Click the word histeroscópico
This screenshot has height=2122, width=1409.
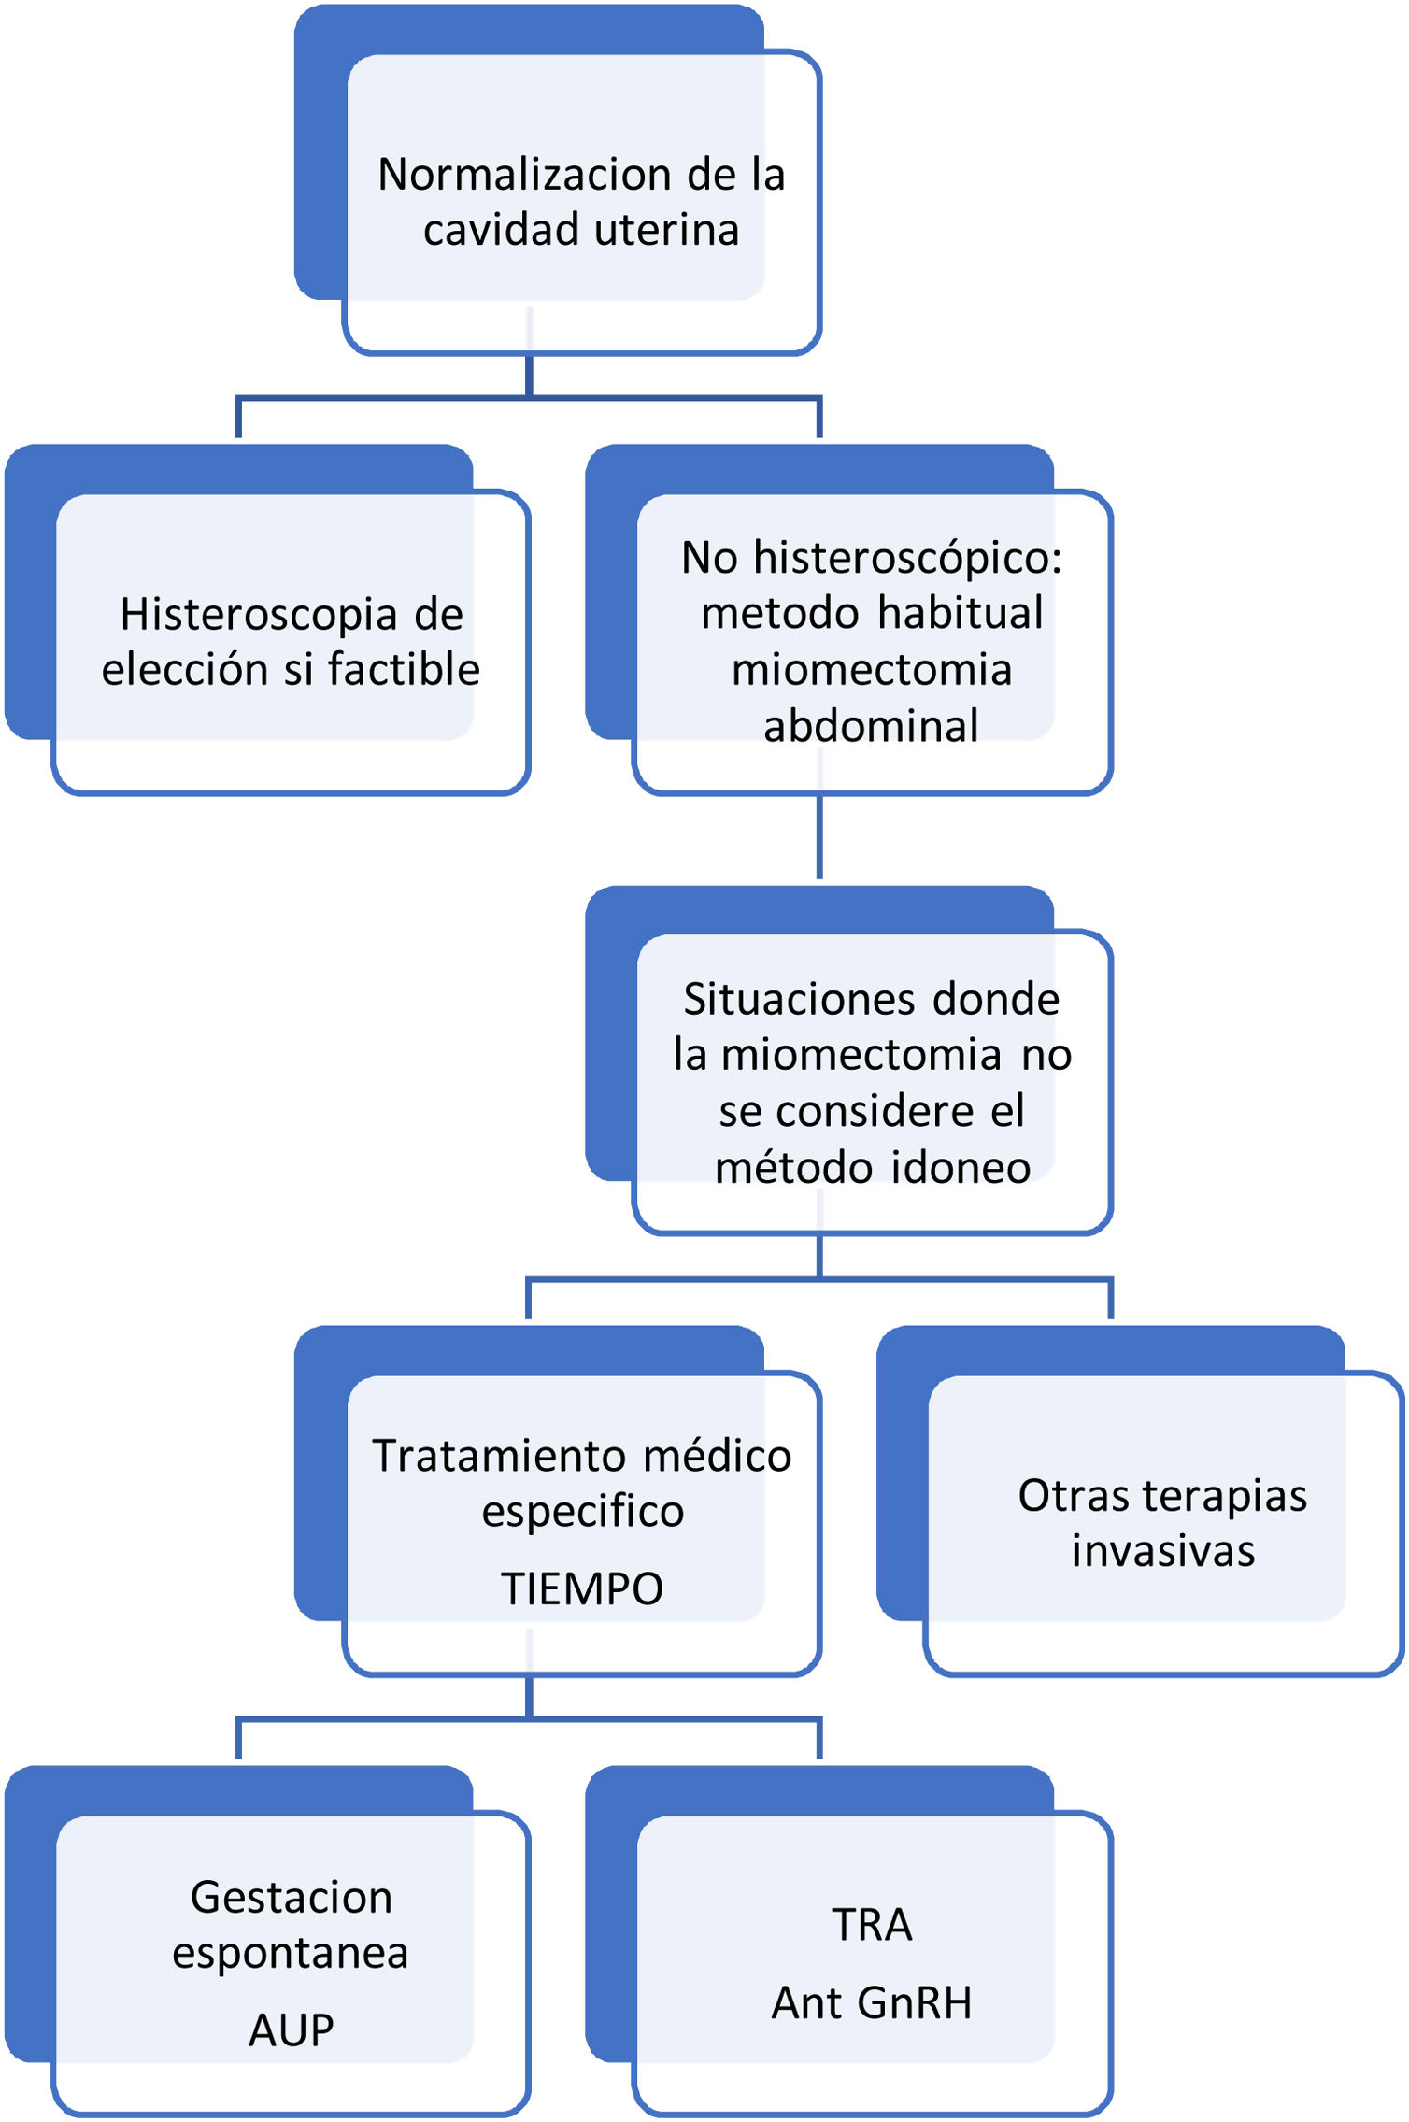tap(907, 558)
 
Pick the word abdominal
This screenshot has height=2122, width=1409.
tap(871, 726)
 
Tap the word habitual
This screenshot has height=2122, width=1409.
tap(960, 614)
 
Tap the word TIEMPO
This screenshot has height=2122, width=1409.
tap(581, 1589)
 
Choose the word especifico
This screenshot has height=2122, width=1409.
tap(582, 1512)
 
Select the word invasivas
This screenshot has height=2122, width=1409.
tap(1162, 1551)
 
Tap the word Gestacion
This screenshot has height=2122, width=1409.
tap(291, 1898)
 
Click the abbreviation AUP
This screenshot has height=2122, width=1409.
tap(291, 2030)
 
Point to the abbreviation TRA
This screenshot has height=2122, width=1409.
tap(871, 1925)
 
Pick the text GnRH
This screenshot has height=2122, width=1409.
tap(914, 2003)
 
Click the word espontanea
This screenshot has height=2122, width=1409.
tap(290, 1954)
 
